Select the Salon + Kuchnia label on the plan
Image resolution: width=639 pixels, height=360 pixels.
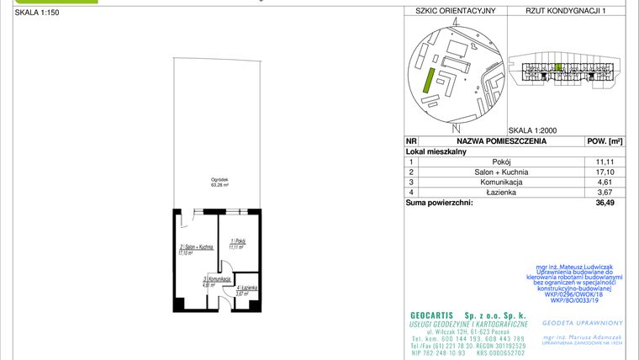(192, 247)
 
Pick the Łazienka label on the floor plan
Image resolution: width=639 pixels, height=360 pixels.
(246, 291)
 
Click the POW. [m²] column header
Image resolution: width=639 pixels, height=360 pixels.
(604, 141)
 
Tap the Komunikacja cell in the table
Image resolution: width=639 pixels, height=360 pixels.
(501, 182)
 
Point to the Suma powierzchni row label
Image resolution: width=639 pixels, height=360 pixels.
(439, 202)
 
